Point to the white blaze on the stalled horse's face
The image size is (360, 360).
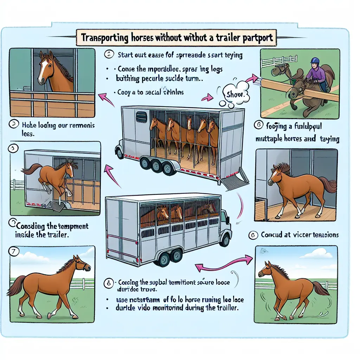click(43, 70)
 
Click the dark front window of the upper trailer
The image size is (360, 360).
click(141, 117)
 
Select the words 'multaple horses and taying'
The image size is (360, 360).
click(297, 139)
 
